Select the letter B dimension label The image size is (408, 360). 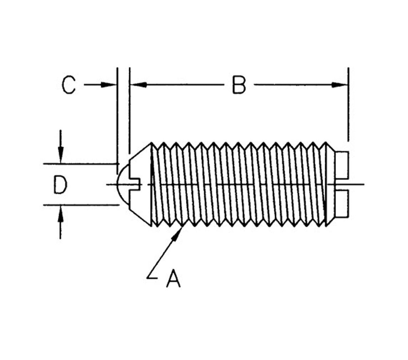[239, 85]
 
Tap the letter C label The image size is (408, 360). [69, 85]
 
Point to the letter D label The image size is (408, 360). [60, 184]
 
